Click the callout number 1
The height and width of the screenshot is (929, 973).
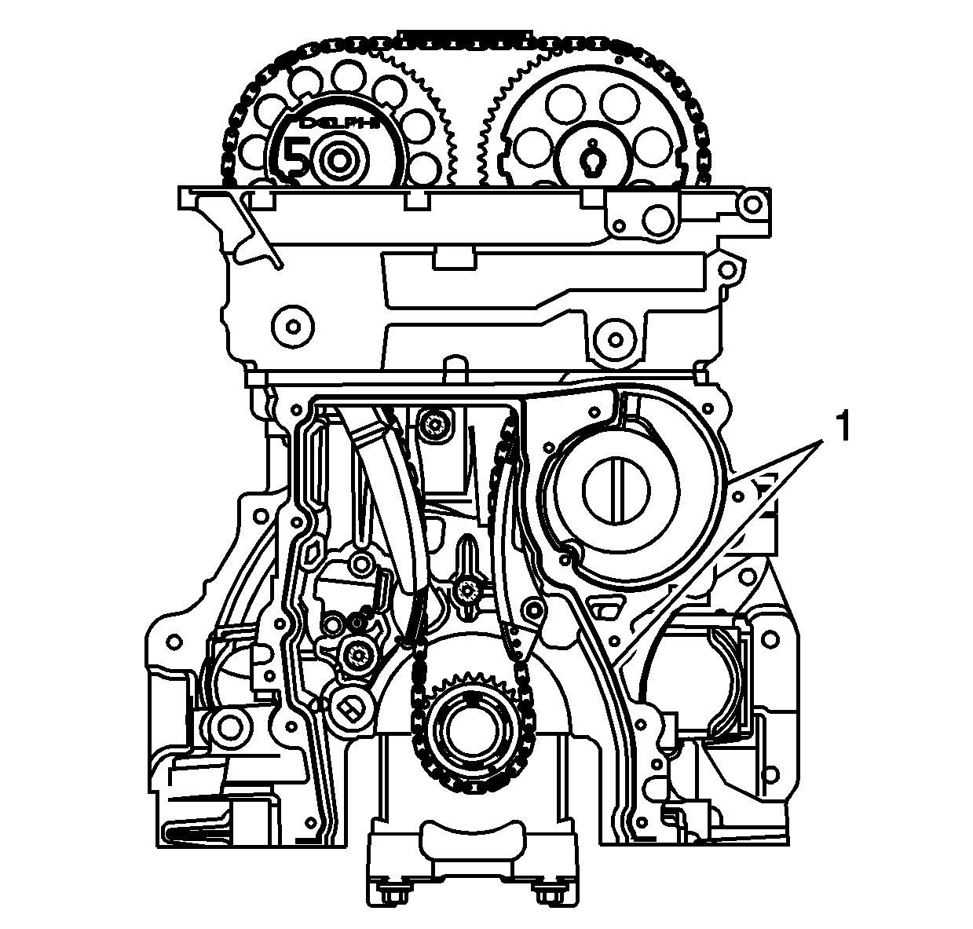coord(842,429)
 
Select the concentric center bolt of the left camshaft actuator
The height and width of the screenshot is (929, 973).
coord(340,160)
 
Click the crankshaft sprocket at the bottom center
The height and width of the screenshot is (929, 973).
coord(470,730)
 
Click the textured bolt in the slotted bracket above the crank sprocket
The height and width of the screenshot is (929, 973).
coord(469,591)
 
